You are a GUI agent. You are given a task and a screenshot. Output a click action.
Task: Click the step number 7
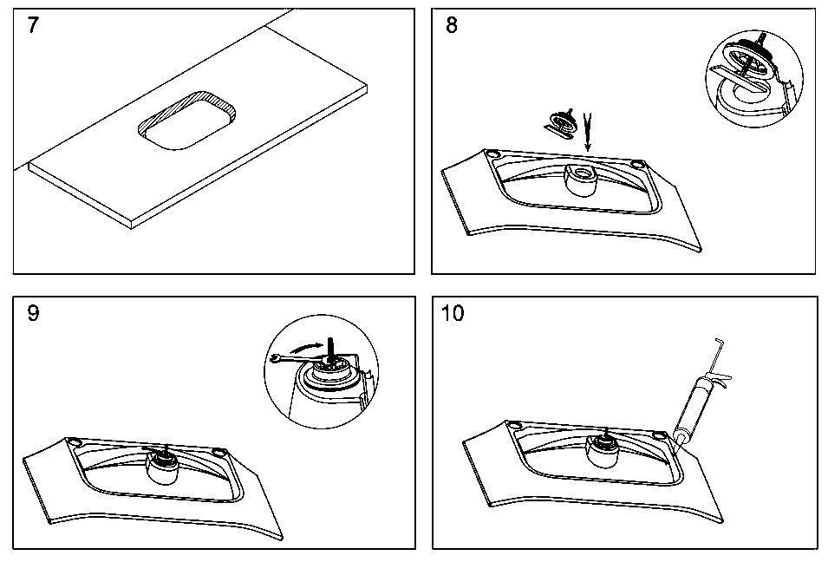point(33,25)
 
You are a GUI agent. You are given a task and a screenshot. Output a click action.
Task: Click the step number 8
point(452,25)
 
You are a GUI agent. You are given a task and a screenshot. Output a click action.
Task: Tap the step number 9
point(33,313)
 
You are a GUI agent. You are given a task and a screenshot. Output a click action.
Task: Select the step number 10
point(453,313)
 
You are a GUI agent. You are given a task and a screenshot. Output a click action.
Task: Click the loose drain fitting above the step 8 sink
point(562,123)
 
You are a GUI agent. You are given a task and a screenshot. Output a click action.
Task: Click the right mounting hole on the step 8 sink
point(638,165)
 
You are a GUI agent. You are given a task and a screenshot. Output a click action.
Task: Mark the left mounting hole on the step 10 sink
point(513,424)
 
